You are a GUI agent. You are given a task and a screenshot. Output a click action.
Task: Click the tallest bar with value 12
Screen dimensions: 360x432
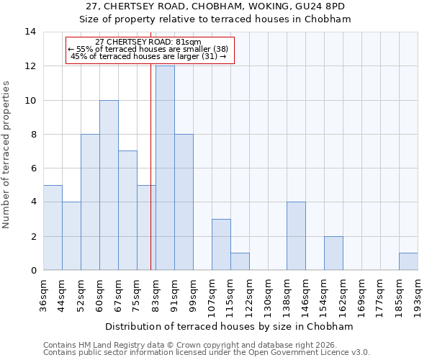click(165, 168)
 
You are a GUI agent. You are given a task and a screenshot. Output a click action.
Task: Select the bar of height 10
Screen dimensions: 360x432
click(109, 185)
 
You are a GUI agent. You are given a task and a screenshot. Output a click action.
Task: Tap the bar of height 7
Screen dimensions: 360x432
click(127, 210)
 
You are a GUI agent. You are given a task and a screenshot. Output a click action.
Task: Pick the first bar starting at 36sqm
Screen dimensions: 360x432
click(53, 228)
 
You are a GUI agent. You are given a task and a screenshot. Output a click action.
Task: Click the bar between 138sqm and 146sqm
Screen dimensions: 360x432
click(296, 236)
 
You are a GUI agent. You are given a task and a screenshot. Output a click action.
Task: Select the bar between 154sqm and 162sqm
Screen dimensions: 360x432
click(333, 253)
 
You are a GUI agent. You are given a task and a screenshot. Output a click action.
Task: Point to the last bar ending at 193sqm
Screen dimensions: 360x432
click(408, 261)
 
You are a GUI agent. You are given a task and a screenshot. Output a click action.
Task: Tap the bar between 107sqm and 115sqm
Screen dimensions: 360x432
click(221, 245)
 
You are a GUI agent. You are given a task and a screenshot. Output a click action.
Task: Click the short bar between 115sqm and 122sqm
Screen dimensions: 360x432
click(240, 261)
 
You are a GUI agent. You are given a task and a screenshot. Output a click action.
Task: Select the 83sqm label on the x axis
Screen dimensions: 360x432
click(156, 294)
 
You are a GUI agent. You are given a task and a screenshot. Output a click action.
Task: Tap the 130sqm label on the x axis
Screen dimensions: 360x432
click(269, 295)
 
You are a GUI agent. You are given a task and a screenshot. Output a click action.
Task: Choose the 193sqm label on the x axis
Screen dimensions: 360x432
click(418, 295)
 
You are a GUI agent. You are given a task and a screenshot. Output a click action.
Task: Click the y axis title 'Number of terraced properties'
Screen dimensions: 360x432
click(7, 155)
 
